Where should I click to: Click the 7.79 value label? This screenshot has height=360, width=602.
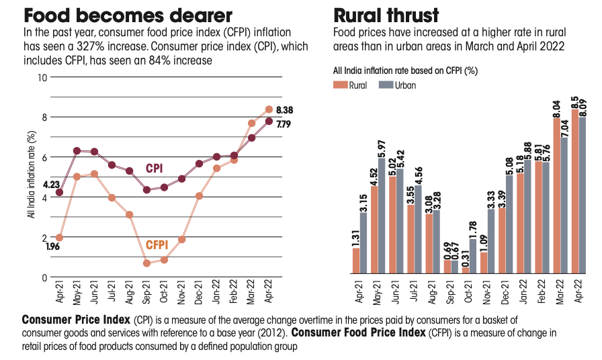284,124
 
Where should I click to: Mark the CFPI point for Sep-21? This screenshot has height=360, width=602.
147,263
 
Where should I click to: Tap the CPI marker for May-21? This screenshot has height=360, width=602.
77,151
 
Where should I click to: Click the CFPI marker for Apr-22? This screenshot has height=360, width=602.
269,109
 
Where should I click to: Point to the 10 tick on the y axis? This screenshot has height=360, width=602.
43,77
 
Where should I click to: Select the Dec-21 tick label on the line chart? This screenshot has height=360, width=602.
200,291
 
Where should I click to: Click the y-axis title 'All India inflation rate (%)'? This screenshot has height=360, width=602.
30,175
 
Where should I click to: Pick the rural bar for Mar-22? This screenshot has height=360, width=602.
557,195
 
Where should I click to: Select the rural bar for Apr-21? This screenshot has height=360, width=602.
356,261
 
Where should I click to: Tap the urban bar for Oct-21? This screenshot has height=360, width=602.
472,256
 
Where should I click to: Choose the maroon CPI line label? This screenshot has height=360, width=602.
155,168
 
